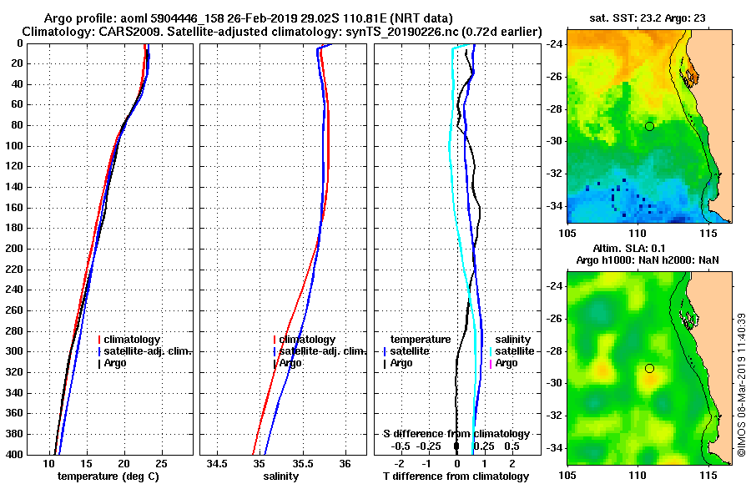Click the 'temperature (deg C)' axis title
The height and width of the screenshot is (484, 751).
108,476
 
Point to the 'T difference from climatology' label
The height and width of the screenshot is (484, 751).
455,476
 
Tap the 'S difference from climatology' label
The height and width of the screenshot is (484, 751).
456,434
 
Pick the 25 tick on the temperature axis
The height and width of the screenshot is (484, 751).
161,463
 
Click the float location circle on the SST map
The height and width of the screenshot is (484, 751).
649,126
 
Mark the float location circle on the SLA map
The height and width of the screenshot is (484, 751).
649,368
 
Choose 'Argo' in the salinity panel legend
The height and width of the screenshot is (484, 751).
291,363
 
